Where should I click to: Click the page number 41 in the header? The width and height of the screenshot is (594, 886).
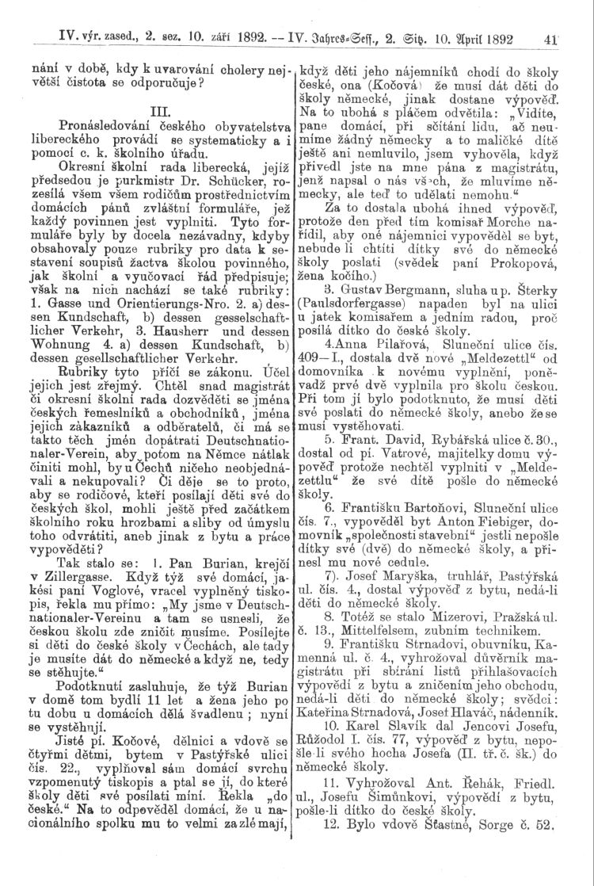pos(574,35)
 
